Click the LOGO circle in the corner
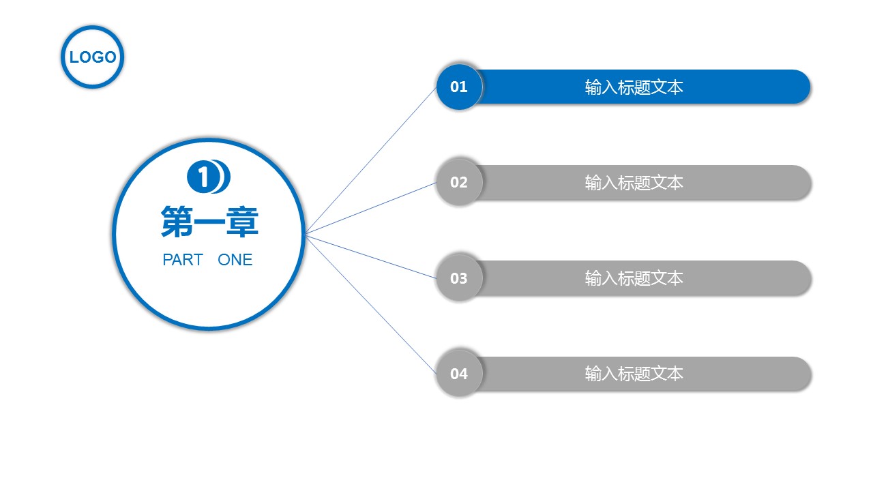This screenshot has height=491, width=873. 93,57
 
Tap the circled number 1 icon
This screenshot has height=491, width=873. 203,177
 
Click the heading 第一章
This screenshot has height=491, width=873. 209,222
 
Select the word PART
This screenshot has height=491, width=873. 183,260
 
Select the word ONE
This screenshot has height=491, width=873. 235,260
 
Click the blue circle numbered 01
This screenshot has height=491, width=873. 459,87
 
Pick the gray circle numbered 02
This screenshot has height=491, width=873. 459,182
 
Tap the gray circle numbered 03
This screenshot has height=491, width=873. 459,278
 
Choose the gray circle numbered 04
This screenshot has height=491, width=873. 459,374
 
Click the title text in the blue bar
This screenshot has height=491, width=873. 634,87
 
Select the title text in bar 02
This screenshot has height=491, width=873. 634,183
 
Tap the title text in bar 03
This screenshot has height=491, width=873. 634,278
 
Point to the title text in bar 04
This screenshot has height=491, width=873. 634,374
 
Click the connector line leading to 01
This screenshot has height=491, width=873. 371,160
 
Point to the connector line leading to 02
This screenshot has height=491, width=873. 371,208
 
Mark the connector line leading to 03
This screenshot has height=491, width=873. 371,256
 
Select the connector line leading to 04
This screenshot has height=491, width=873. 371,304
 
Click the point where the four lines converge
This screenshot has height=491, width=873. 306,233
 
